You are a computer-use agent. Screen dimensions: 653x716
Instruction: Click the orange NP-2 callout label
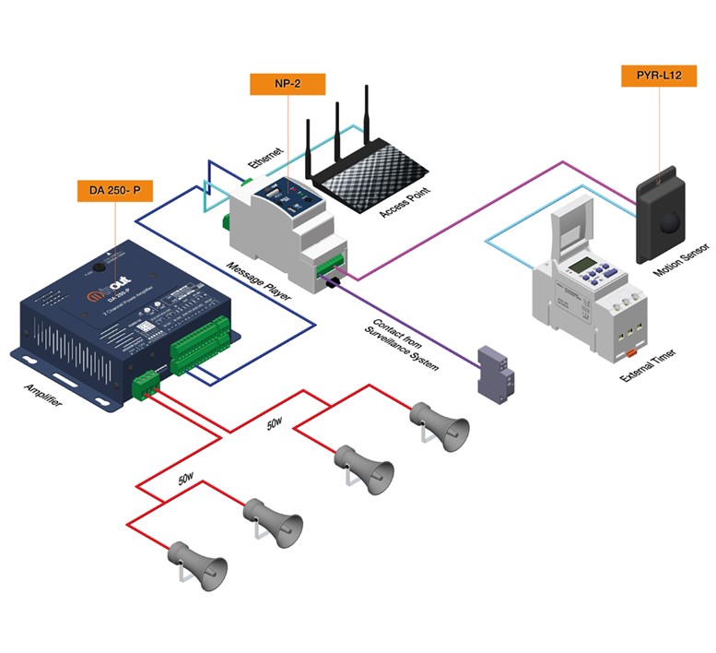(x=287, y=83)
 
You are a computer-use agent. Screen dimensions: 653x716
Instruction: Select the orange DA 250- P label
(x=114, y=191)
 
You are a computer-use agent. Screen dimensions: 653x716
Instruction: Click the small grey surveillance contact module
(x=492, y=374)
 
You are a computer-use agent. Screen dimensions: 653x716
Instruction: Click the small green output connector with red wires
(x=146, y=383)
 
